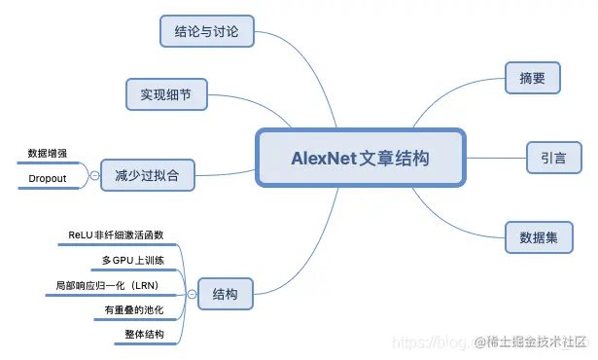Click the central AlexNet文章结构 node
click(360, 158)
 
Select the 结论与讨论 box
click(205, 31)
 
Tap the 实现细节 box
click(166, 94)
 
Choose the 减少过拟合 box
click(148, 175)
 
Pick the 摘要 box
click(531, 78)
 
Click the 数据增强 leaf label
click(48, 153)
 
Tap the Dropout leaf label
click(48, 179)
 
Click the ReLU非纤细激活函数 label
click(116, 235)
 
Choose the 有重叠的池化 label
click(134, 310)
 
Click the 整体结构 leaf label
click(144, 335)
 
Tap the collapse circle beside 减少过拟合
click(94, 175)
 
